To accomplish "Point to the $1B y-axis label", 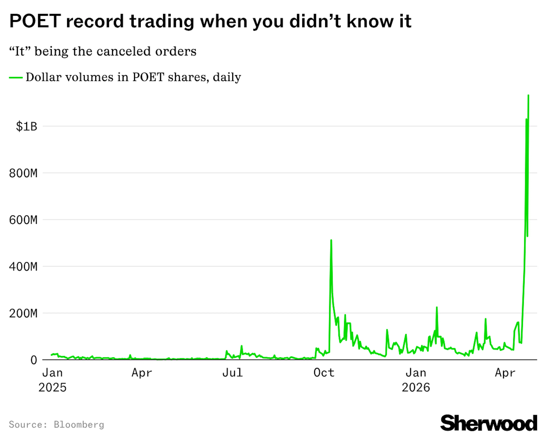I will pos(26,126).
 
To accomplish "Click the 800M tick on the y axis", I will pos(23,173).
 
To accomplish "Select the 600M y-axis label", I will pos(23,220).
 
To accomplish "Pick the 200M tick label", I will pos(23,313).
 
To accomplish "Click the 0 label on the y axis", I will pos(34,360).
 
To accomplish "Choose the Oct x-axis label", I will pos(324,373).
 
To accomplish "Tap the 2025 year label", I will pos(52,387).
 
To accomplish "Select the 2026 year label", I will pos(416,387).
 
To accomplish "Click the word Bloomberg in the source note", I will pos(79,424).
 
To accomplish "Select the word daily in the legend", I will pos(227,77).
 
